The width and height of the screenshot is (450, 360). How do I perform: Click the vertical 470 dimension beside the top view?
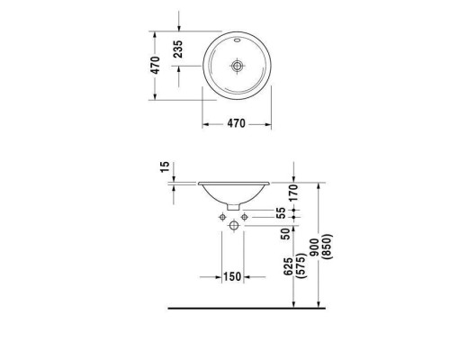click(x=156, y=65)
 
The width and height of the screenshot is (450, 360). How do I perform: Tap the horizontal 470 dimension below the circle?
click(x=235, y=124)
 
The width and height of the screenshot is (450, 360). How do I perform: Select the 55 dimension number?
click(x=281, y=213)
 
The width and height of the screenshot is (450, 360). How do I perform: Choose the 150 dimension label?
click(x=232, y=276)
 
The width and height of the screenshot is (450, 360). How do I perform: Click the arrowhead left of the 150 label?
click(x=219, y=276)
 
